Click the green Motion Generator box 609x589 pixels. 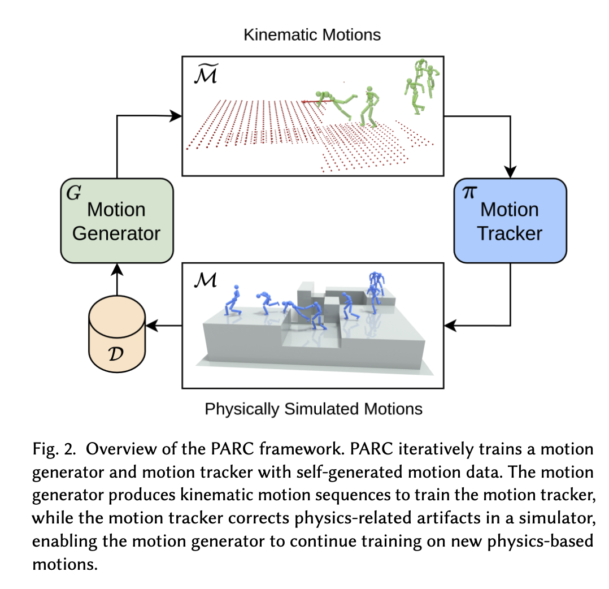coord(116,220)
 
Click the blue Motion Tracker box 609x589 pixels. coord(510,220)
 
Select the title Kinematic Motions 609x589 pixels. coord(312,34)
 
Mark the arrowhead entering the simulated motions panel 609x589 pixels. coord(450,326)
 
